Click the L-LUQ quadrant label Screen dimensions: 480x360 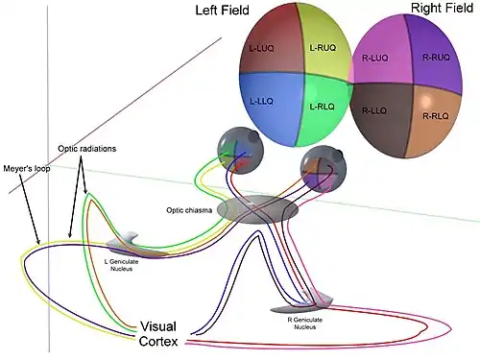click(261, 49)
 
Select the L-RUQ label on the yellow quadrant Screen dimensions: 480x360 click(323, 48)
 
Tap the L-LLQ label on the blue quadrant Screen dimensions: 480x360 click(261, 102)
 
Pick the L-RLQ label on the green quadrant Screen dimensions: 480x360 click(322, 107)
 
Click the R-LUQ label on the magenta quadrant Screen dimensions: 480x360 click(374, 58)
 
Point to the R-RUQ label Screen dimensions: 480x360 click(436, 58)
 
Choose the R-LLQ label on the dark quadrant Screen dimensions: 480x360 click(374, 110)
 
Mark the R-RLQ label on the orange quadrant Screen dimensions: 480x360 click(436, 116)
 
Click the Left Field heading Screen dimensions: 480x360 click(222, 10)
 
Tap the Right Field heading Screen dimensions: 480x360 click(442, 8)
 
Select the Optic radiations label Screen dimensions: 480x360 click(87, 149)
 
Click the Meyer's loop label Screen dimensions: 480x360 click(27, 168)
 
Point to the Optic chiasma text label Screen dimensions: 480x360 click(189, 210)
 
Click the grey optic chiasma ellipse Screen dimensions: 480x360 click(257, 209)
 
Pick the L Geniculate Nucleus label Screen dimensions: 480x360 click(122, 265)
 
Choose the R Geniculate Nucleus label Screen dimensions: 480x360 click(305, 324)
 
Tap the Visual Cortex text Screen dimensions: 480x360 click(158, 334)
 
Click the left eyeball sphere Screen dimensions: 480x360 click(240, 152)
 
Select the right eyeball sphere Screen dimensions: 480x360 click(324, 169)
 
